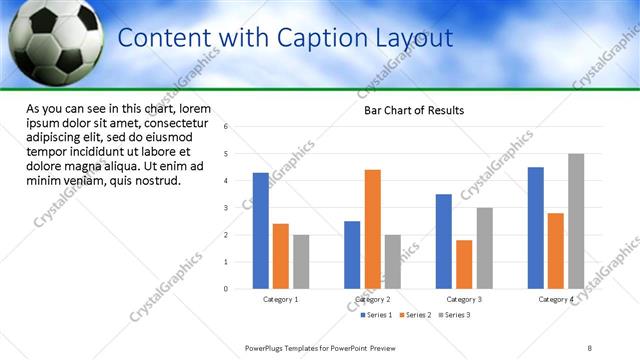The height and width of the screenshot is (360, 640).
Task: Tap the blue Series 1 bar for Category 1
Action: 261,231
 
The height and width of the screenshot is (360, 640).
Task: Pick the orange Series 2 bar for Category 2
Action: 372,229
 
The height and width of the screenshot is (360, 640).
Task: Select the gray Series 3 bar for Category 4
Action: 576,221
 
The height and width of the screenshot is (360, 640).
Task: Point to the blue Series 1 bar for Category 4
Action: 536,228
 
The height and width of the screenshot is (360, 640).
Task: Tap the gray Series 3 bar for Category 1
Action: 301,262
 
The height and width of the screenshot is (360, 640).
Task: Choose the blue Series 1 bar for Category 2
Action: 352,255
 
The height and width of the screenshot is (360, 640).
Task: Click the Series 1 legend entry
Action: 376,315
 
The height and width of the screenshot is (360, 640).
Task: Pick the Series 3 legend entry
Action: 454,315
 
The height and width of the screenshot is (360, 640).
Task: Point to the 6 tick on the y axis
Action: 226,127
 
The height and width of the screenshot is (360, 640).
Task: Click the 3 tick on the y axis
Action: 226,208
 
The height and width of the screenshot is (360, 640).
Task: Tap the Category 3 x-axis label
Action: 464,299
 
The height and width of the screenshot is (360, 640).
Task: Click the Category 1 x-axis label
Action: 281,299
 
